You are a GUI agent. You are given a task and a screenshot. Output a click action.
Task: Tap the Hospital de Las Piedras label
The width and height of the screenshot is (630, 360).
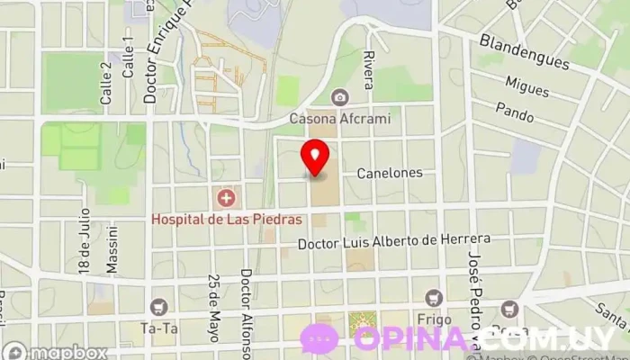point(226,219)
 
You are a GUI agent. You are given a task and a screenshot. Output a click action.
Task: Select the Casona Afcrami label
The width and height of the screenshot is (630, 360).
point(338,117)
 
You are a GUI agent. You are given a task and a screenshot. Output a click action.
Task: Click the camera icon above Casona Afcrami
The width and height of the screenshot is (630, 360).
point(339,97)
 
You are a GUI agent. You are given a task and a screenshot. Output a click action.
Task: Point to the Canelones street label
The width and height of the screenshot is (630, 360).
point(389,173)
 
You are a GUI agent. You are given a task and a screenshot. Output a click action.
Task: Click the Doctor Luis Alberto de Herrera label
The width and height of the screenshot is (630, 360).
point(393,241)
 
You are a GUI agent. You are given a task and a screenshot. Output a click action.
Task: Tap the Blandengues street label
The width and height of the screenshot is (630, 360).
point(524,53)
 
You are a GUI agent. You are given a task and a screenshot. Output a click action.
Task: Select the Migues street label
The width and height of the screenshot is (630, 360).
point(526,86)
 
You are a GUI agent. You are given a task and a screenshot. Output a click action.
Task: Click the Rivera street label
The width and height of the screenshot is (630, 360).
point(368,70)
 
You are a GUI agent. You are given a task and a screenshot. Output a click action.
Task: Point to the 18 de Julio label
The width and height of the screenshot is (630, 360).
point(85,240)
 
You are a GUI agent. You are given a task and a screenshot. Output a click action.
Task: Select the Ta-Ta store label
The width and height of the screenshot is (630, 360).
point(158,328)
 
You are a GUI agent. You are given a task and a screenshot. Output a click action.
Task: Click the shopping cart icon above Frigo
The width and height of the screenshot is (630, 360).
point(434,298)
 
